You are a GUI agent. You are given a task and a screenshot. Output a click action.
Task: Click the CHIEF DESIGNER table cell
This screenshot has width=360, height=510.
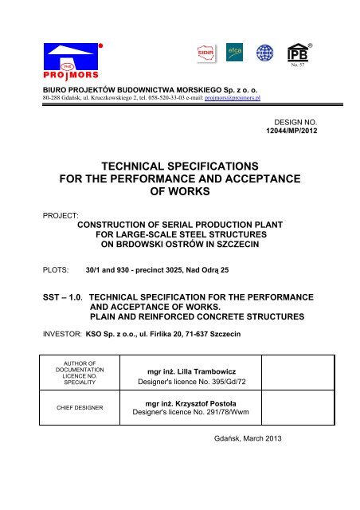click(x=76, y=409)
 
